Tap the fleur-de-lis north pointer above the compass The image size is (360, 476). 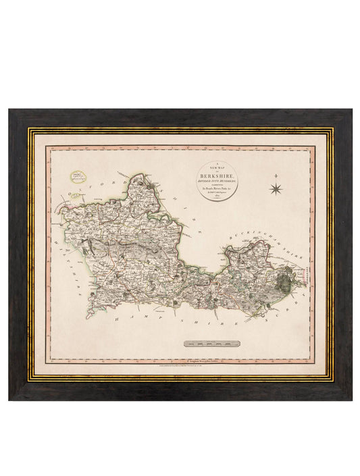(x=276, y=177)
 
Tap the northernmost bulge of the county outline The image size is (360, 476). (x=143, y=177)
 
